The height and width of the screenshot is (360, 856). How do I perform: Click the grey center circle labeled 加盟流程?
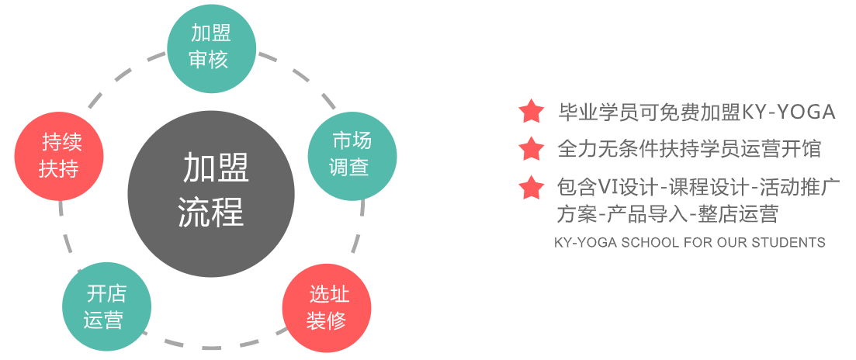tap(211, 194)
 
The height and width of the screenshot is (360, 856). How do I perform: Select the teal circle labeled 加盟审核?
tap(211, 47)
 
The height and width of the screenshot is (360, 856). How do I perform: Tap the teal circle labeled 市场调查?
tap(352, 154)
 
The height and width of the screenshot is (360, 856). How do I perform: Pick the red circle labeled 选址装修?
tap(327, 307)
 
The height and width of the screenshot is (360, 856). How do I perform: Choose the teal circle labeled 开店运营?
tap(106, 306)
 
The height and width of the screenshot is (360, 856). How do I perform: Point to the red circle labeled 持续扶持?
tap(60, 155)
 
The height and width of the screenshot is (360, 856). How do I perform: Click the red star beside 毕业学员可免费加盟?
tap(532, 112)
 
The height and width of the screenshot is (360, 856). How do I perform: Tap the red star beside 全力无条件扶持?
tap(532, 148)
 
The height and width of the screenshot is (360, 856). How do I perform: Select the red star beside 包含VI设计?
tap(532, 187)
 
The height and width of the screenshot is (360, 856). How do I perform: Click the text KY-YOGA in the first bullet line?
tap(788, 112)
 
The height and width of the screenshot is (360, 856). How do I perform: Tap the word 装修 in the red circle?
tap(326, 320)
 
